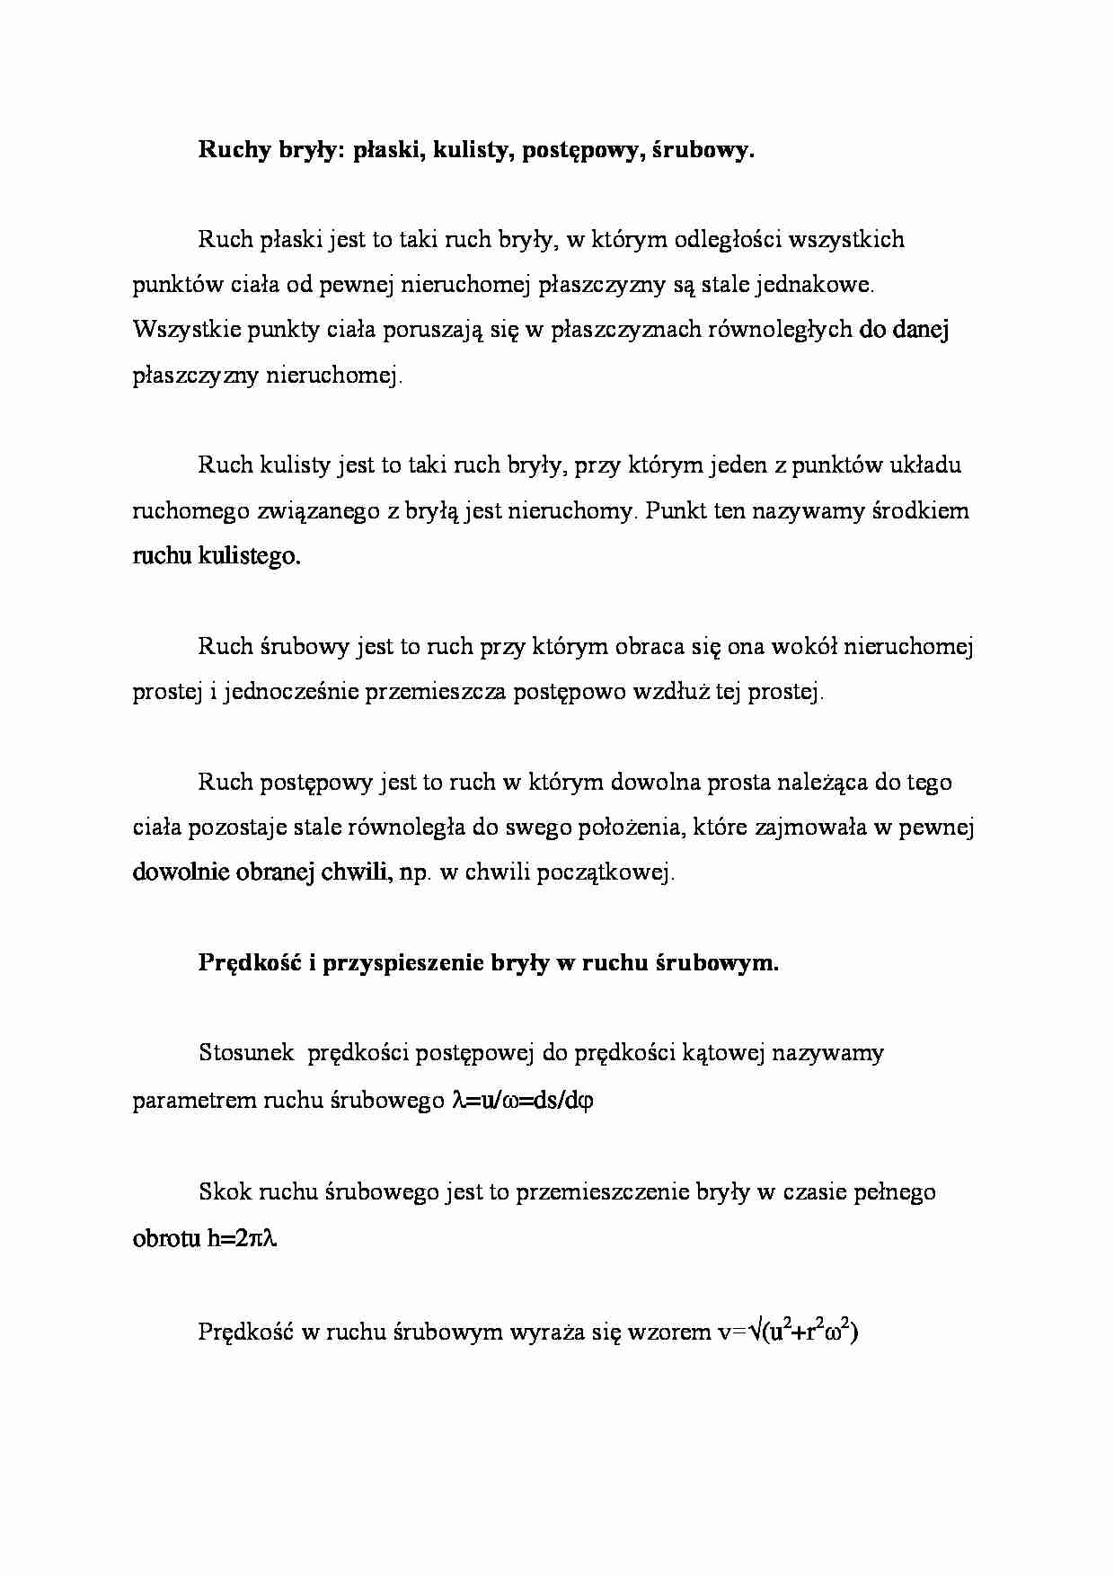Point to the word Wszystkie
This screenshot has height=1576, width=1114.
(x=181, y=330)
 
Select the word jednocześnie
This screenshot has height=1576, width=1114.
(x=287, y=692)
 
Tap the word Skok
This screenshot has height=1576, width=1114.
(x=225, y=1192)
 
